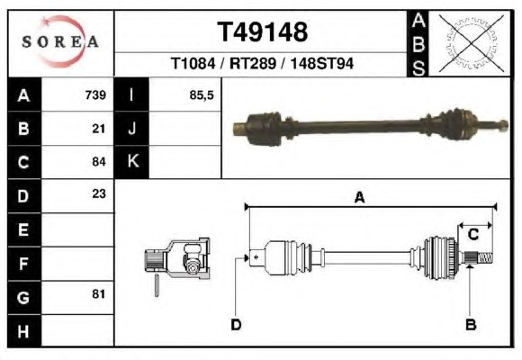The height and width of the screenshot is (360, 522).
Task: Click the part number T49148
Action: [262, 32]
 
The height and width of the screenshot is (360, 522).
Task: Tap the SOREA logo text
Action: [60, 41]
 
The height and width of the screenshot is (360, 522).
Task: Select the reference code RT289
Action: [253, 63]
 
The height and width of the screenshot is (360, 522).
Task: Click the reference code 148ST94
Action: [322, 63]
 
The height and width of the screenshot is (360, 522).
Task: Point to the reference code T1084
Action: [193, 63]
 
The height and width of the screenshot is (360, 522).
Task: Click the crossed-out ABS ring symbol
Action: [471, 43]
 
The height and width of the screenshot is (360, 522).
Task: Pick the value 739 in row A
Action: [95, 94]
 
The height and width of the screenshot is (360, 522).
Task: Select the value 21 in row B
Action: [99, 129]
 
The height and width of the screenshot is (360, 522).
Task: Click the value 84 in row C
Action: [99, 162]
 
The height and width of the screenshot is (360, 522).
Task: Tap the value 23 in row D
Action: [99, 193]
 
